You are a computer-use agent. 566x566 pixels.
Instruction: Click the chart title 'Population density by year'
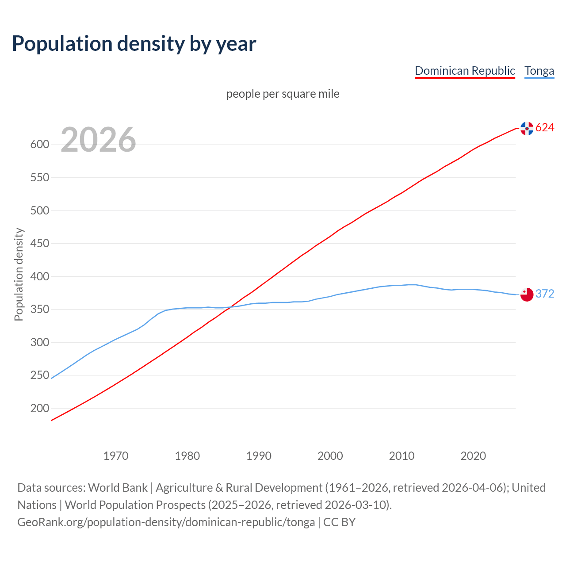pyautogui.click(x=134, y=44)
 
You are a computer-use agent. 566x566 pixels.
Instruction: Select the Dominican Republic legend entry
pyautogui.click(x=465, y=71)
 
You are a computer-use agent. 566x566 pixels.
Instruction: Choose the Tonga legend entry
pyautogui.click(x=539, y=71)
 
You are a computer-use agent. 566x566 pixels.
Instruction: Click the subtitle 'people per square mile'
pyautogui.click(x=283, y=94)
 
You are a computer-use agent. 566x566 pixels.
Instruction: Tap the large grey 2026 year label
pyautogui.click(x=98, y=140)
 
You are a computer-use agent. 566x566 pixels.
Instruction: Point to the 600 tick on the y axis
pyautogui.click(x=39, y=145)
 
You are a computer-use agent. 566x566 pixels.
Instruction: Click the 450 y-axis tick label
pyautogui.click(x=39, y=244)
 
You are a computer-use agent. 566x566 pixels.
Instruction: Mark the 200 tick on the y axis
pyautogui.click(x=39, y=409)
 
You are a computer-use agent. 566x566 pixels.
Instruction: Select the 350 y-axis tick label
pyautogui.click(x=39, y=310)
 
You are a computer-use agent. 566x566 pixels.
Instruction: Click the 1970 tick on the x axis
pyautogui.click(x=116, y=456)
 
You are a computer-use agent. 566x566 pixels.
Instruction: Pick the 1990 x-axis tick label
pyautogui.click(x=259, y=456)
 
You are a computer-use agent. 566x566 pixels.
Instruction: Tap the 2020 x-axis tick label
pyautogui.click(x=473, y=456)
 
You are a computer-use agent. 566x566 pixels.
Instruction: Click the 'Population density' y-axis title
pyautogui.click(x=19, y=274)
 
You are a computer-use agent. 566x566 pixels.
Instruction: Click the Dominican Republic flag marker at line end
pyautogui.click(x=527, y=128)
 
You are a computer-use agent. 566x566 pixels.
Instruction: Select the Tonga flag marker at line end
pyautogui.click(x=527, y=294)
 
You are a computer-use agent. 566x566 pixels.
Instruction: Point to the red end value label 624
pyautogui.click(x=545, y=128)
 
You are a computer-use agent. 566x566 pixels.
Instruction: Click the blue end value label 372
pyautogui.click(x=545, y=294)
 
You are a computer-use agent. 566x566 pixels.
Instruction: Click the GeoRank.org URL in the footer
pyautogui.click(x=166, y=522)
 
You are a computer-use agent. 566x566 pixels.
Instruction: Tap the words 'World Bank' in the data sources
pyautogui.click(x=118, y=488)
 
